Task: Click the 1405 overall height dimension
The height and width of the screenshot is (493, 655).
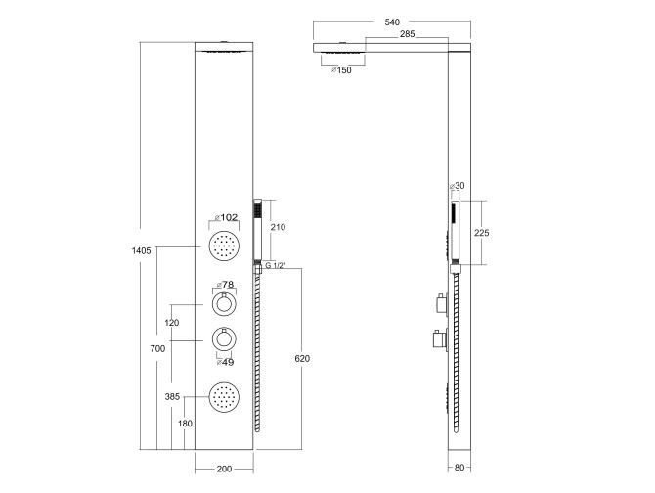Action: coord(141,251)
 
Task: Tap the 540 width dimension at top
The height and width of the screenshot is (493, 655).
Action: coord(392,22)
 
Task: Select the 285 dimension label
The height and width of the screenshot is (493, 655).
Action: coord(408,34)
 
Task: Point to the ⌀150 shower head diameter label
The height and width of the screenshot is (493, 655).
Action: coord(341,70)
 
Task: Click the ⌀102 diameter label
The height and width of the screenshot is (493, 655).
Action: coord(226,217)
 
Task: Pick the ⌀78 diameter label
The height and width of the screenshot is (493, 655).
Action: coord(225,285)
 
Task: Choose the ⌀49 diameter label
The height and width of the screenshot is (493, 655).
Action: coord(225,362)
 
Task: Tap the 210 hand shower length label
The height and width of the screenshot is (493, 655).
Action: coord(278,227)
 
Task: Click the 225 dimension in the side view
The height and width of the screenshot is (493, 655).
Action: coord(481,233)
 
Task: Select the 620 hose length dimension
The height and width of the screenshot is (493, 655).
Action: coord(302,358)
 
